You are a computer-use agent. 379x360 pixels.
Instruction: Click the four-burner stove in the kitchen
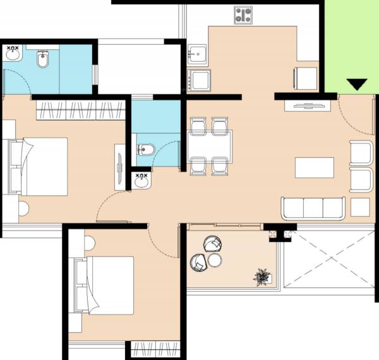pos(243,15)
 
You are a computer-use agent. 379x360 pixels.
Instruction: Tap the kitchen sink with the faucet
pos(198,54)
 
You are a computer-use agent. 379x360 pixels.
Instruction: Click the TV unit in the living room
pos(309,105)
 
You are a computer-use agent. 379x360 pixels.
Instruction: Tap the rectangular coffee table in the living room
pos(314,167)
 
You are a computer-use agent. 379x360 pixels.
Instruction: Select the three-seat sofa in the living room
pos(313,208)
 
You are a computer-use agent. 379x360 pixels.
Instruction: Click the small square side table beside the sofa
pos(360,207)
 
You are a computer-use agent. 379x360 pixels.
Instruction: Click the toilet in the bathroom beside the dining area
pos(144,150)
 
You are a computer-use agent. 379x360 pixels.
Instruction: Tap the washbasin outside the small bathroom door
pos(142,181)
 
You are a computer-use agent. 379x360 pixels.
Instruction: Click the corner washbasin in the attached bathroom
pos(13,52)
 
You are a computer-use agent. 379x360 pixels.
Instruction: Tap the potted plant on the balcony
pos(261,276)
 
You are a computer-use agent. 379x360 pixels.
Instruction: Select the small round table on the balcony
pos(215,260)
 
